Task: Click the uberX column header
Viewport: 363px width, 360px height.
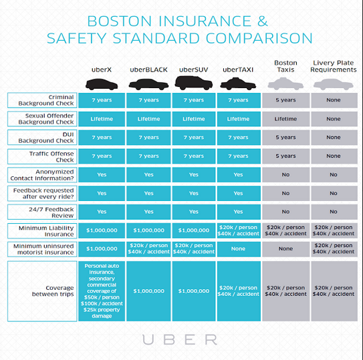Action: [102, 69]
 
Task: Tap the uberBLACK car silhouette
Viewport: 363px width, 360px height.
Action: [148, 84]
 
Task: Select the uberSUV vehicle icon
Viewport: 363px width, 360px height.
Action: [194, 83]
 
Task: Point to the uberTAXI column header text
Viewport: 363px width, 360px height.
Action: [238, 69]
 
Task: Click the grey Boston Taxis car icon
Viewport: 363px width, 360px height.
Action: [285, 83]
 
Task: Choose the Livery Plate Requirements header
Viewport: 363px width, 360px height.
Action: [334, 66]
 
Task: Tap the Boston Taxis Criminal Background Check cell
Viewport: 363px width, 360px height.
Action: [285, 100]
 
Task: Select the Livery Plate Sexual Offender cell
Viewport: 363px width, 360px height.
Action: [334, 119]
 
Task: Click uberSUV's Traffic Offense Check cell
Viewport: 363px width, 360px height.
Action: [194, 156]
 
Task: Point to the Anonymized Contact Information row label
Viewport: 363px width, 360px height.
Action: [42, 175]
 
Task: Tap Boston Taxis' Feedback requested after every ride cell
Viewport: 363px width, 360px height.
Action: [285, 193]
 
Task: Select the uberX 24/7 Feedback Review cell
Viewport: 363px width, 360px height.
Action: [102, 212]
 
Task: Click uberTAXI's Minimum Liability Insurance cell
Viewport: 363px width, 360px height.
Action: [239, 230]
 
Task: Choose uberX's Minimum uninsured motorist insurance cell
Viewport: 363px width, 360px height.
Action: [102, 249]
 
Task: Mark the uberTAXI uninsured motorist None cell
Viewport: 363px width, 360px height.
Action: [239, 249]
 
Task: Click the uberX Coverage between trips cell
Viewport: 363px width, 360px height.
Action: [102, 291]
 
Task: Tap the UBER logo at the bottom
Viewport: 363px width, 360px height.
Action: [180, 340]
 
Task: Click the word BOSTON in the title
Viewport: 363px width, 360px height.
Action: [119, 21]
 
